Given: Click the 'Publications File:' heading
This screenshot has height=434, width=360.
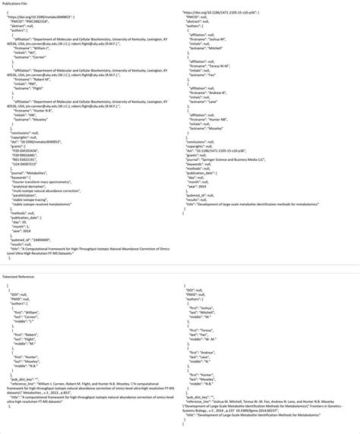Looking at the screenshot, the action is tap(17, 4).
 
